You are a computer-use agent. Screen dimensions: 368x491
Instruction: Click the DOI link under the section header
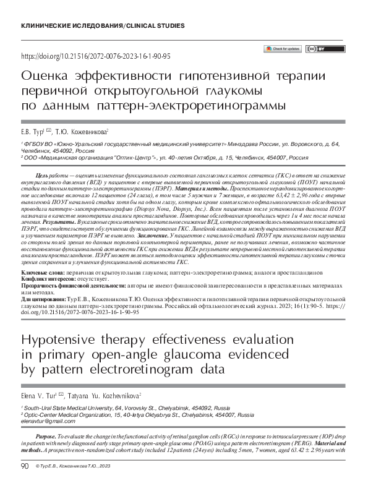[x=96, y=56]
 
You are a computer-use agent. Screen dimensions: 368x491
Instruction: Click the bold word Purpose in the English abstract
[x=48, y=437]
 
